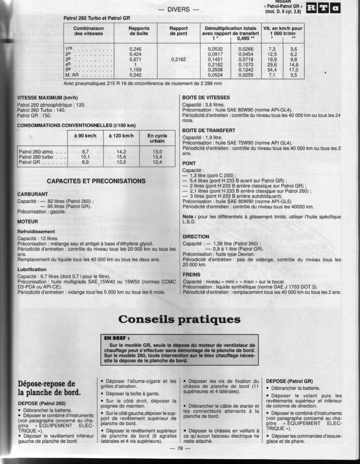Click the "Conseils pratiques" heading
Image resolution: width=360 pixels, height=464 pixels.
(180, 319)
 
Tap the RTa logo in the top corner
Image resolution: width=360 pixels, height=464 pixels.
(323, 8)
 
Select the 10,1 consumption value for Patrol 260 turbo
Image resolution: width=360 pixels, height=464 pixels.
(85, 157)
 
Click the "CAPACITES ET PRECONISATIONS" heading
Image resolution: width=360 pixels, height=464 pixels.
(96, 181)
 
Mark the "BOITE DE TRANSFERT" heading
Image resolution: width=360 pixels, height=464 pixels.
(209, 130)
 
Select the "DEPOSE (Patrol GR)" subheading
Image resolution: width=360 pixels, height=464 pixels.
(289, 381)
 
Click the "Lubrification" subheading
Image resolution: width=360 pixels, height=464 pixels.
(32, 269)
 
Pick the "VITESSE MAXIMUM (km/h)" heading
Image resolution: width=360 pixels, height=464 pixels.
(47, 98)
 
